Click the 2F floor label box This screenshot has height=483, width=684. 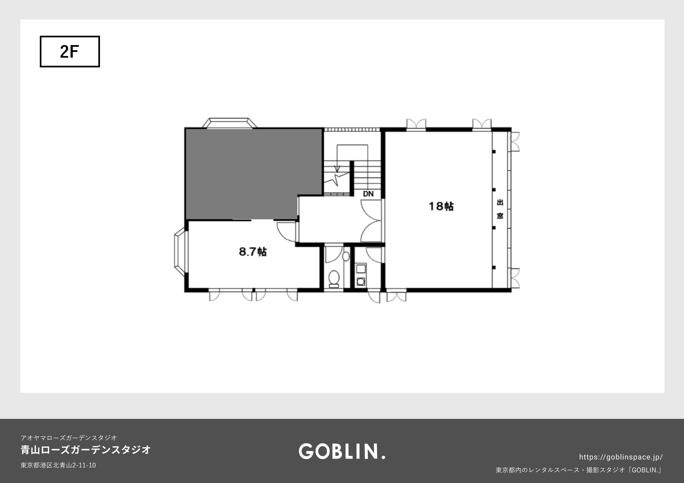70,52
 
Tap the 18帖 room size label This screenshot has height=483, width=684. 441,206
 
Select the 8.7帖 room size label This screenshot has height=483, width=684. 253,252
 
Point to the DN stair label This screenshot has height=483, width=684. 368,194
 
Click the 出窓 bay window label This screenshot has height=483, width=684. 500,209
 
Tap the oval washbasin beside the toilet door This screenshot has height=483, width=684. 346,256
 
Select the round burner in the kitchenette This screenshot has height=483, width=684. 361,281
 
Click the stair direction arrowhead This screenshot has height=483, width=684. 337,169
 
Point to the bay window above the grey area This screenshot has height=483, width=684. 229,123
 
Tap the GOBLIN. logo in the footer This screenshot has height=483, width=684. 342,451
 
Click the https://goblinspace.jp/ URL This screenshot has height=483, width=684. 621,457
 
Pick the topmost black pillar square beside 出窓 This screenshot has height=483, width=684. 494,152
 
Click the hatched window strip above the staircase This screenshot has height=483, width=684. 352,129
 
